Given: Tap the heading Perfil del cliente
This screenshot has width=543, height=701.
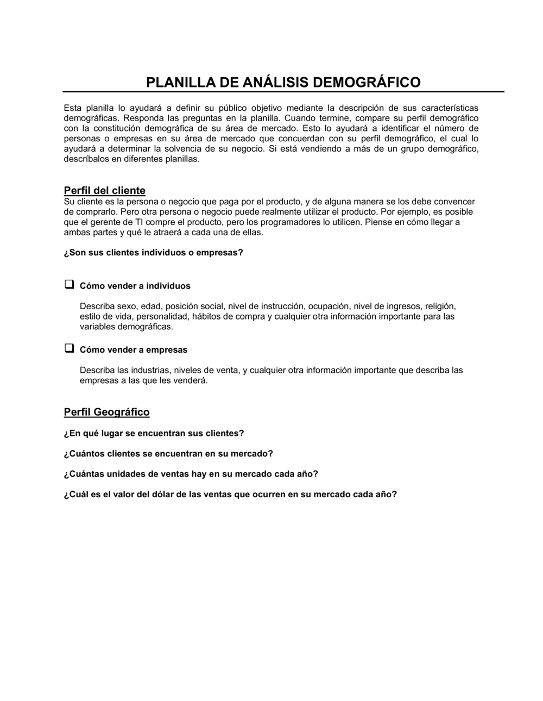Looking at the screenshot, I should click(105, 191).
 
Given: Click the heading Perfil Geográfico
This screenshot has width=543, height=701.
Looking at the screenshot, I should click(106, 412).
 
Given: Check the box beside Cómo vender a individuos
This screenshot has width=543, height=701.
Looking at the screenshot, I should click(69, 285).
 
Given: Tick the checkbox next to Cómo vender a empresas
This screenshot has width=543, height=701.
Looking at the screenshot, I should click(69, 348).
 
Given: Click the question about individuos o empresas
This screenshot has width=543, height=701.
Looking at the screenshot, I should click(154, 253).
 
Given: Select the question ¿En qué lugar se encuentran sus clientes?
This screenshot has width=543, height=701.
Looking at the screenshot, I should click(154, 433).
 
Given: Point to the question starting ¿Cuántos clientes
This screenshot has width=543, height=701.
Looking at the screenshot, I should click(168, 453).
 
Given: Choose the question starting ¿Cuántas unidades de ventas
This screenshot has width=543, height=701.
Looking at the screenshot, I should click(191, 473).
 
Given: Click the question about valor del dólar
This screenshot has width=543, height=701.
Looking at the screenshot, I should click(230, 494).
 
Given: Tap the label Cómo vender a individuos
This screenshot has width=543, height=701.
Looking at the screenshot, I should click(135, 286).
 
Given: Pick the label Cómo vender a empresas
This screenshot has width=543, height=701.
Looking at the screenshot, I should click(134, 349).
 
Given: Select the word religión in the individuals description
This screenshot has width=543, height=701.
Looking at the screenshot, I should click(440, 306).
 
